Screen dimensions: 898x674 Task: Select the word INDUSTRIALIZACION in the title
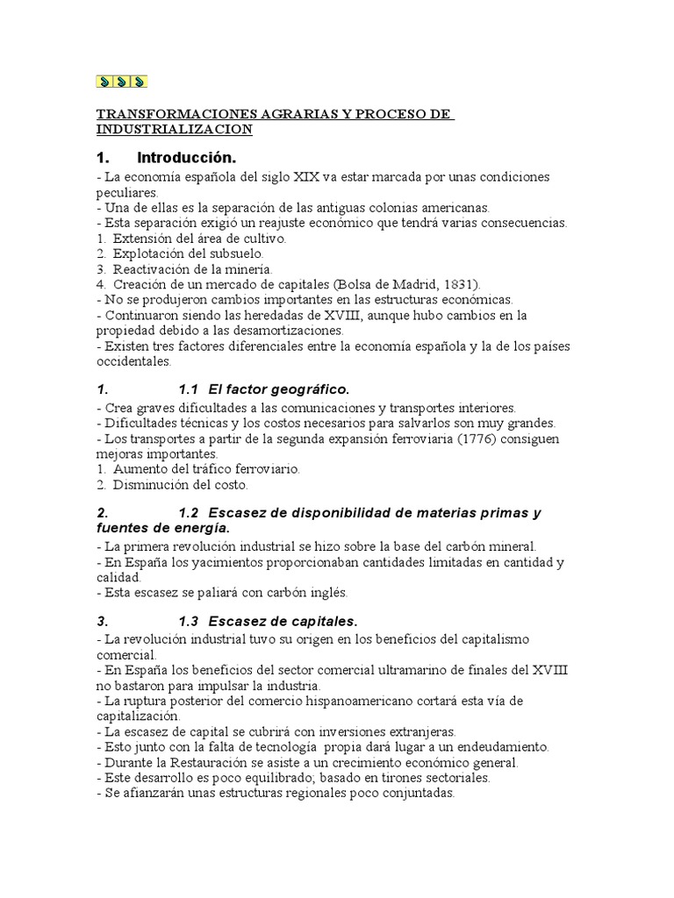point(174,130)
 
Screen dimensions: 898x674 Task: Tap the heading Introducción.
point(186,159)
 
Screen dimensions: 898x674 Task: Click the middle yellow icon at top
point(121,82)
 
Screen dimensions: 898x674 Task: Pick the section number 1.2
point(190,512)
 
